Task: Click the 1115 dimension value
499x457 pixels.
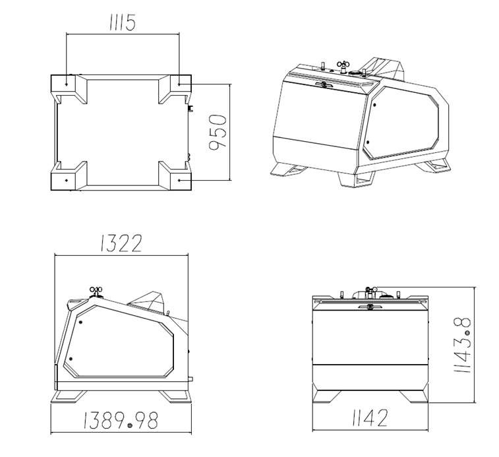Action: pyautogui.click(x=123, y=22)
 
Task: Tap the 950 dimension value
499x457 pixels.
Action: pyautogui.click(x=218, y=132)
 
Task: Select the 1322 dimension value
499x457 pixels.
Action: pyautogui.click(x=121, y=243)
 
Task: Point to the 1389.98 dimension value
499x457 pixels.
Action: pyautogui.click(x=121, y=420)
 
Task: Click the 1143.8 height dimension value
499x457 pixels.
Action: pyautogui.click(x=462, y=345)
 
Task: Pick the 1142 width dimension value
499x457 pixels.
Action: pyautogui.click(x=370, y=418)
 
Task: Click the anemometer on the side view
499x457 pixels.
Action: pyautogui.click(x=96, y=291)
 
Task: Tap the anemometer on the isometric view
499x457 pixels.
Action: pyautogui.click(x=343, y=66)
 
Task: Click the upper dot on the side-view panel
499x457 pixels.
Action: pyautogui.click(x=80, y=322)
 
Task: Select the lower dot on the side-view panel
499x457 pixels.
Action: pyautogui.click(x=71, y=359)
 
